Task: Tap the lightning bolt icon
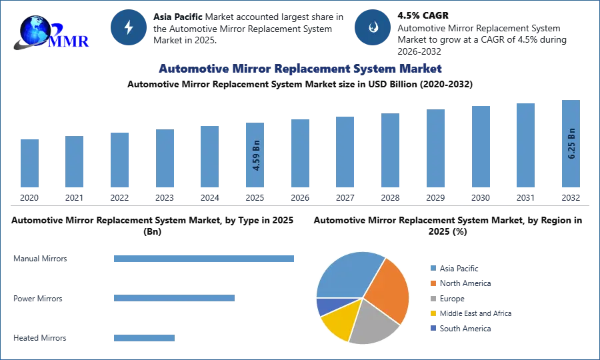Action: pos(129,27)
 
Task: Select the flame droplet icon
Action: pos(373,27)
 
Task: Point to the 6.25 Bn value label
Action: pos(571,143)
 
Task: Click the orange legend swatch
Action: pos(432,283)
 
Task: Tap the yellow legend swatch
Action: pos(432,313)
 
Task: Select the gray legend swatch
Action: pos(432,298)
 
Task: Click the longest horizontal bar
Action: pos(205,259)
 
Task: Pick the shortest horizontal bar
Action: pos(144,337)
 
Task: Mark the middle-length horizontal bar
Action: pos(173,299)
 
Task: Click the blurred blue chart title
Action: pos(299,69)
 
